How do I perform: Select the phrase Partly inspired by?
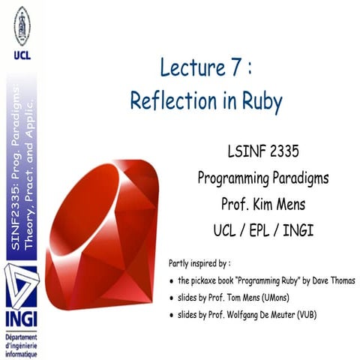pos(199,264)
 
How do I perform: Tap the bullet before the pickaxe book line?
pos(172,280)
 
